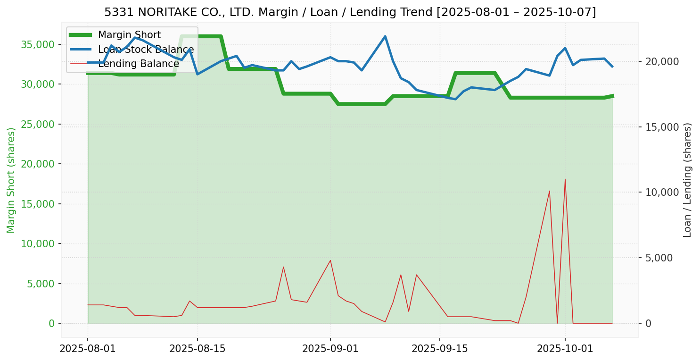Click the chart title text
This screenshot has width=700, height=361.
tap(350, 12)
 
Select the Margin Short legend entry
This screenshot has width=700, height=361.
tap(129, 35)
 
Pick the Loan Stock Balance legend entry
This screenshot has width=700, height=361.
tap(146, 50)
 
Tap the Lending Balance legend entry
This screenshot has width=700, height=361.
tap(138, 64)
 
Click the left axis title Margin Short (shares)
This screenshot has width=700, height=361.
tap(11, 180)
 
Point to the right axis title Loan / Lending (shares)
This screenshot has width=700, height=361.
tap(687, 180)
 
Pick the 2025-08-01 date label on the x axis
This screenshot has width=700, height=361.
tap(88, 349)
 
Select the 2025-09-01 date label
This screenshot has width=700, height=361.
tap(330, 349)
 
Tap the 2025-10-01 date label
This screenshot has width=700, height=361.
tap(565, 349)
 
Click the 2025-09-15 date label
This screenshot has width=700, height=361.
tap(440, 349)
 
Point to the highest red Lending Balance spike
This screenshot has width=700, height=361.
tap(565, 179)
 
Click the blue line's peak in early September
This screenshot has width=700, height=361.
tap(385, 36)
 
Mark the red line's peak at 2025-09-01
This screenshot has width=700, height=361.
tap(330, 260)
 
